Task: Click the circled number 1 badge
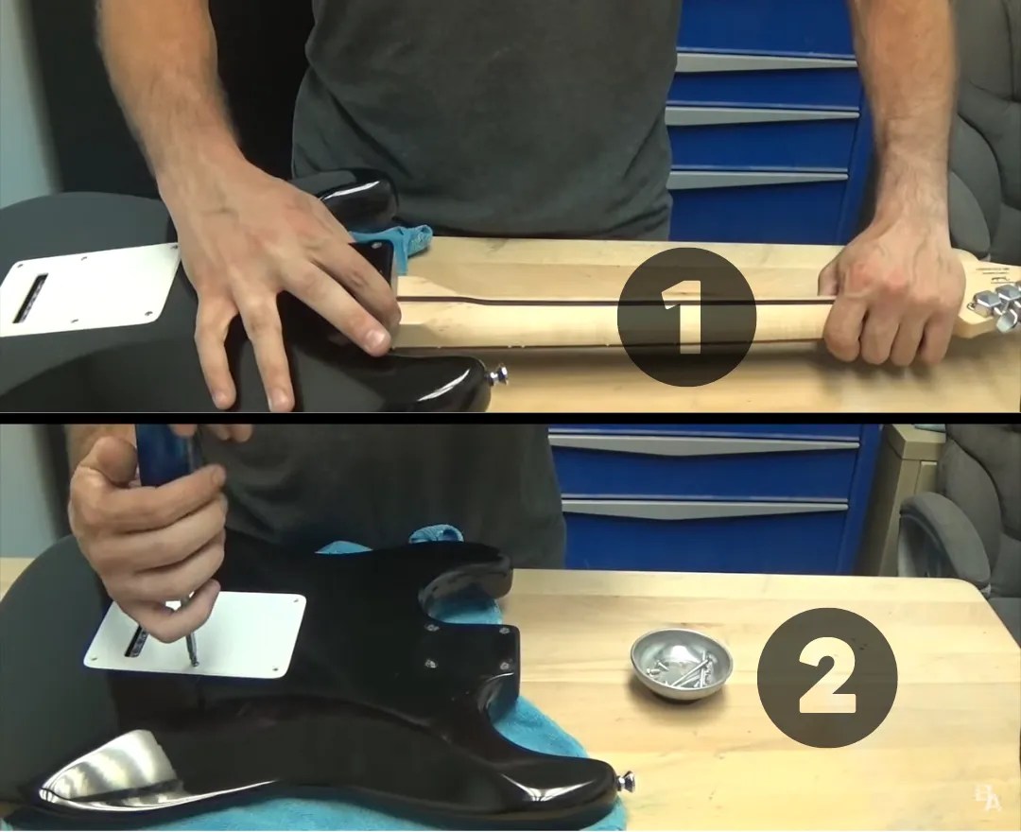click(x=686, y=317)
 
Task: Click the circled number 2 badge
click(x=826, y=677)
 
